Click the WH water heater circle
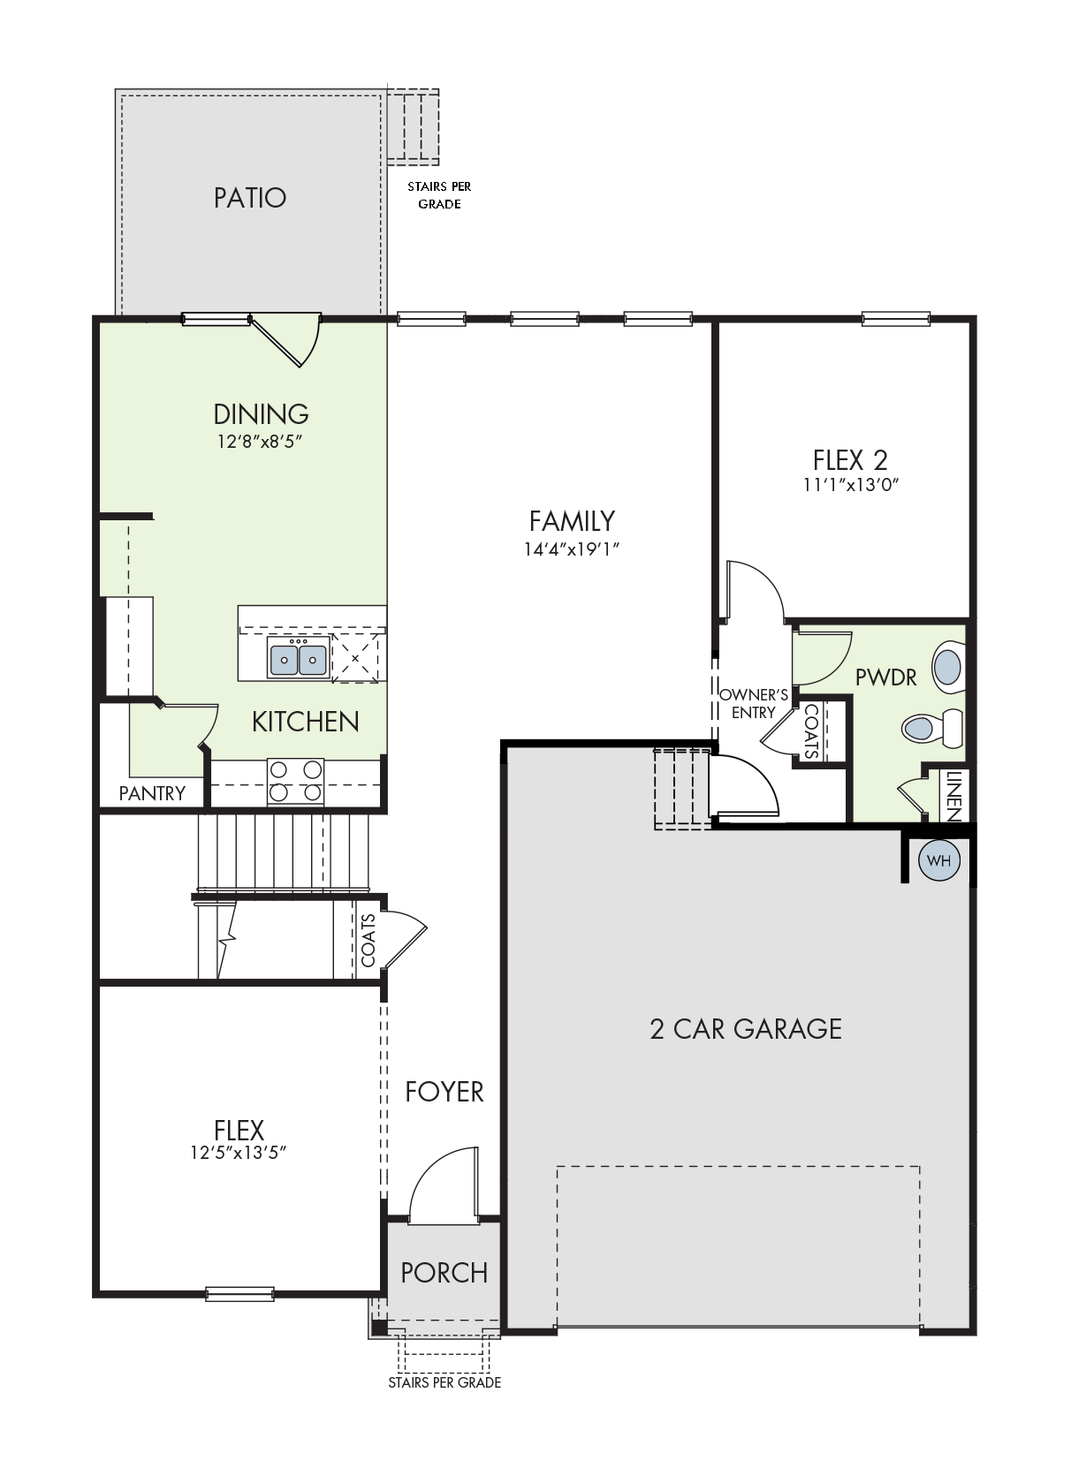pyautogui.click(x=938, y=860)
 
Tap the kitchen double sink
pyautogui.click(x=299, y=656)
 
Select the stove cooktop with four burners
pyautogui.click(x=295, y=782)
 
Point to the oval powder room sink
pyautogui.click(x=948, y=667)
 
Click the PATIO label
pyautogui.click(x=250, y=198)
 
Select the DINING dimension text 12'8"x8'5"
pyautogui.click(x=260, y=441)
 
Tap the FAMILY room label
pyautogui.click(x=572, y=521)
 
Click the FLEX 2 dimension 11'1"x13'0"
pyautogui.click(x=851, y=484)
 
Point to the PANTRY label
pyautogui.click(x=152, y=793)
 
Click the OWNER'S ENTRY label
pyautogui.click(x=754, y=704)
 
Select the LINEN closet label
pyautogui.click(x=953, y=796)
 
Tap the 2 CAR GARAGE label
pyautogui.click(x=746, y=1029)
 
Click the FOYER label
pyautogui.click(x=444, y=1093)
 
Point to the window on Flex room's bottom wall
pyautogui.click(x=239, y=1293)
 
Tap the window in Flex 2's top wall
pyautogui.click(x=896, y=319)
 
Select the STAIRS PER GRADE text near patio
pyautogui.click(x=439, y=195)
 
